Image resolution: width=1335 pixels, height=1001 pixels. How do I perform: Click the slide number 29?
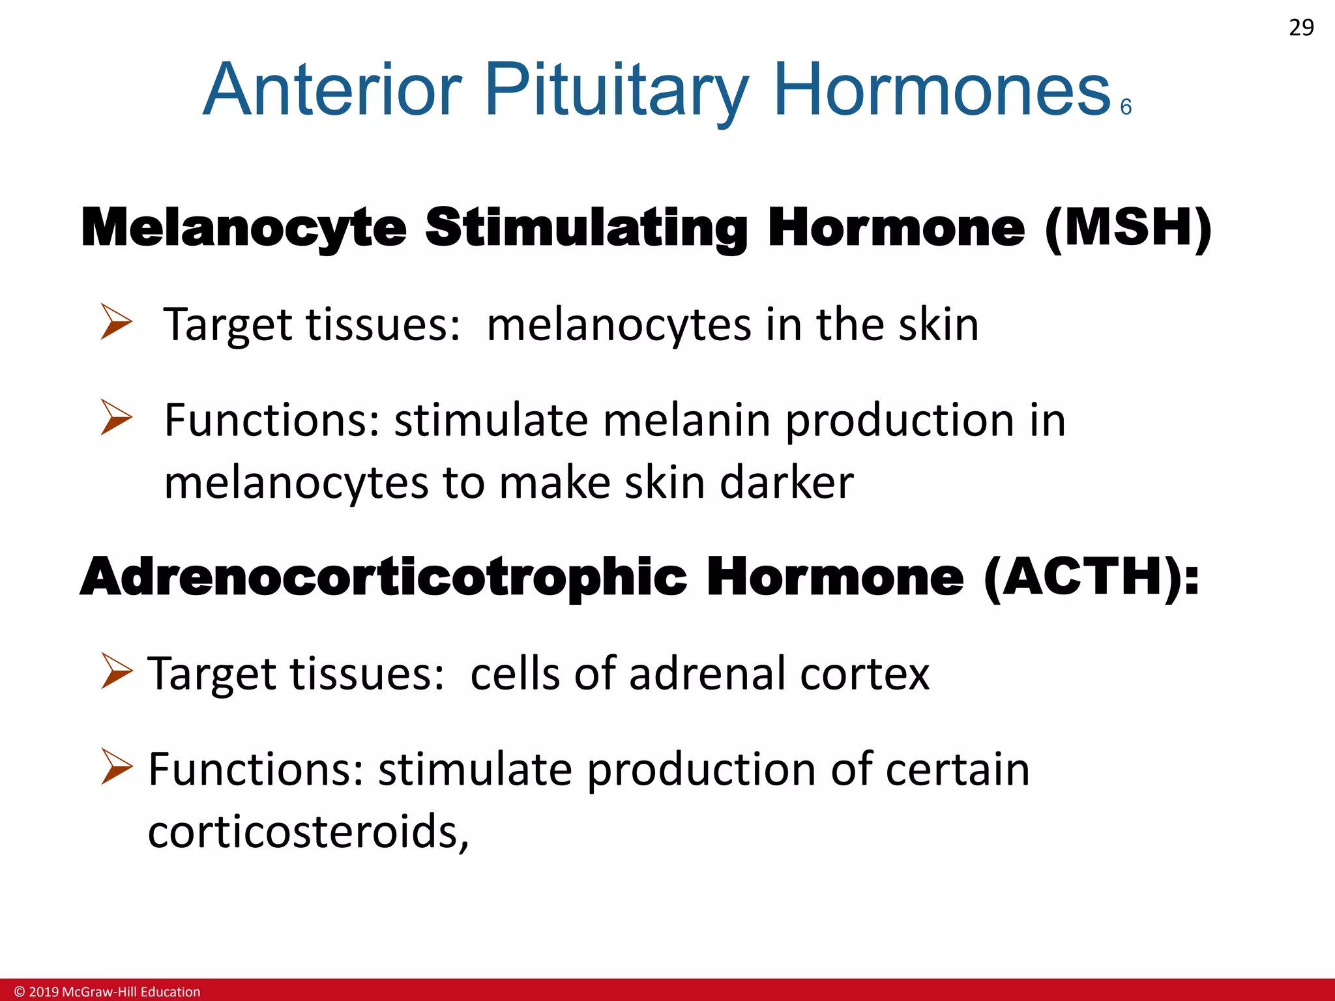(x=1301, y=28)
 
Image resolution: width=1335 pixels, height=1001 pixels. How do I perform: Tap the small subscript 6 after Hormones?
(x=1126, y=107)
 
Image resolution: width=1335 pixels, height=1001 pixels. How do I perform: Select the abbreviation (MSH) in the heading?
(x=1128, y=228)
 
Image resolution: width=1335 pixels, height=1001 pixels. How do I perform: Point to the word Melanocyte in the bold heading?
(x=244, y=228)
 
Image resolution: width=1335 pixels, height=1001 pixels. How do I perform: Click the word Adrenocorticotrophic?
(x=383, y=577)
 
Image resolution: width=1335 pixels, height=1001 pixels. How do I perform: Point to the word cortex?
(x=864, y=674)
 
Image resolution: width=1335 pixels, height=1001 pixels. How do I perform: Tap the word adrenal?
(x=707, y=674)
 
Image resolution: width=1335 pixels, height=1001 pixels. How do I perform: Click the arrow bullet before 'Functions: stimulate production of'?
(x=117, y=766)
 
